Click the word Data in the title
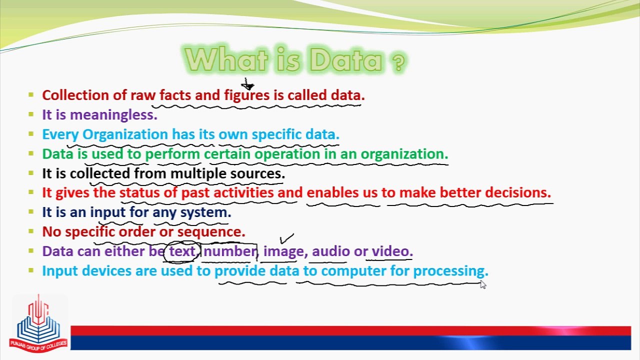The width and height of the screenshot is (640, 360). (346, 61)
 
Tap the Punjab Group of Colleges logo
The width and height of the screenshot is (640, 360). (38, 323)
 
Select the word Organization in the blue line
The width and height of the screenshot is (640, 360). (125, 134)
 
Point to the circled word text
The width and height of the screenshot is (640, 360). (182, 251)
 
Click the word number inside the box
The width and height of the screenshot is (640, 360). (229, 251)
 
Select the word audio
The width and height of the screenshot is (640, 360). (330, 251)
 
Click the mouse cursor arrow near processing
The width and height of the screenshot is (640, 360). (483, 284)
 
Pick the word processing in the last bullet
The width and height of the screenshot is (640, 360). (450, 271)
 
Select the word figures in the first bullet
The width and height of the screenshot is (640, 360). (246, 95)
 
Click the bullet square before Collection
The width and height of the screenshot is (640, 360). (31, 94)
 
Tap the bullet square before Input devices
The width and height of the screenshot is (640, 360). (31, 270)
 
